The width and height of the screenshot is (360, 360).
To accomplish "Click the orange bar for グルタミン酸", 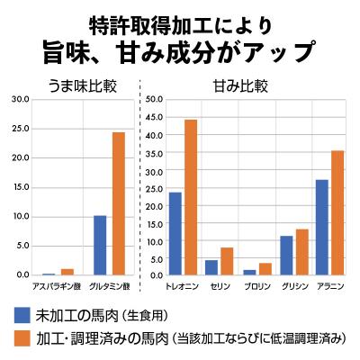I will pyautogui.click(x=119, y=203).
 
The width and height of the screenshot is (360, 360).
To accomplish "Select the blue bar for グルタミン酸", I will pyautogui.click(x=101, y=245).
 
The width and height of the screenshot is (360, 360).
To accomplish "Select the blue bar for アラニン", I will pyautogui.click(x=322, y=227).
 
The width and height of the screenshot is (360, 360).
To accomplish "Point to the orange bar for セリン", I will pyautogui.click(x=227, y=261).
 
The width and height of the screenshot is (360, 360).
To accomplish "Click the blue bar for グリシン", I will pyautogui.click(x=286, y=255).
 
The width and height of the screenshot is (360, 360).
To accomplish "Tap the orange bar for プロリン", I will pyautogui.click(x=265, y=268).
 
